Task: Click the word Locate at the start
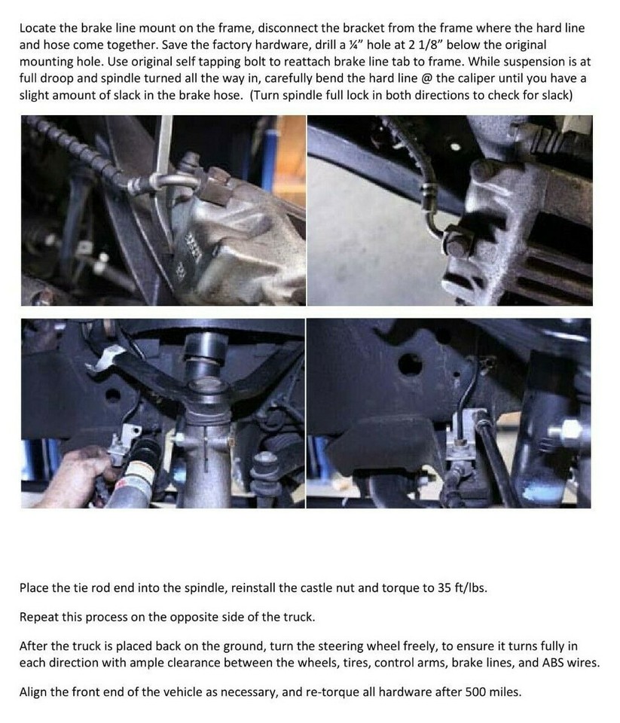(38, 28)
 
